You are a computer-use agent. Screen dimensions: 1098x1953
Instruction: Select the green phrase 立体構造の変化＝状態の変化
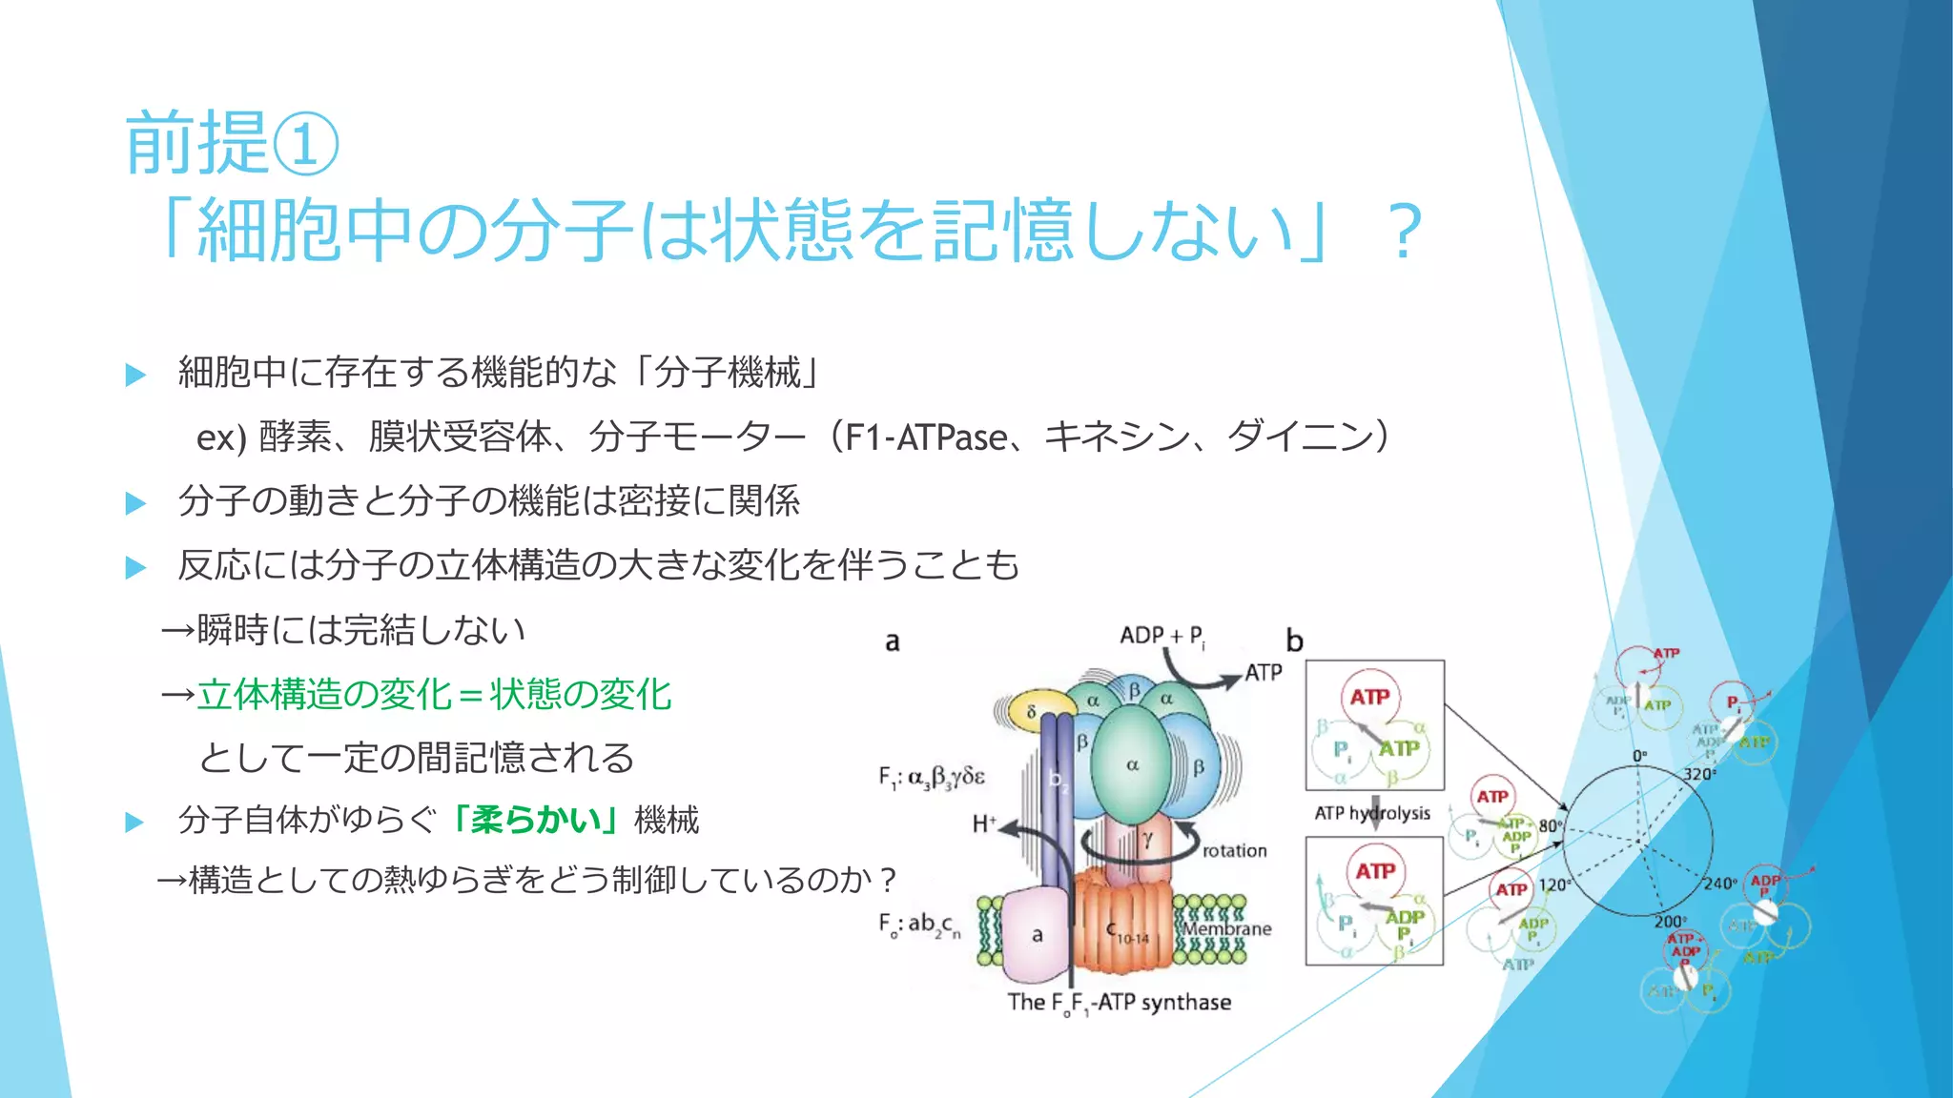pos(434,694)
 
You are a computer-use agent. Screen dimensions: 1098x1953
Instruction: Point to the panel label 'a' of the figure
pos(892,641)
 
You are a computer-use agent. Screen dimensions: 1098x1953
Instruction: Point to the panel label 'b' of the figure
pos(1294,640)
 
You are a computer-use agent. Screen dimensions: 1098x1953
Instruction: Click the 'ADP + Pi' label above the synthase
pos(1162,636)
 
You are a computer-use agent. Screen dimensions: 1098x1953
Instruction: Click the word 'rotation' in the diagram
pos(1234,850)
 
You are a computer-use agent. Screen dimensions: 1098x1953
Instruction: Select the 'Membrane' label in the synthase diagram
pos(1227,928)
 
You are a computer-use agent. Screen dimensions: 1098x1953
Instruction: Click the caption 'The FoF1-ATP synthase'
pos(1120,1003)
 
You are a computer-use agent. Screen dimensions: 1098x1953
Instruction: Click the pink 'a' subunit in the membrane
pos(1037,935)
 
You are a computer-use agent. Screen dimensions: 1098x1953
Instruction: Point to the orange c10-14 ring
pos(1125,925)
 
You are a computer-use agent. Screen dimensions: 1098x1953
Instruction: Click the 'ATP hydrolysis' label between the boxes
pos(1372,813)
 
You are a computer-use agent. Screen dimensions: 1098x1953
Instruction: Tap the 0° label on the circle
pos(1639,756)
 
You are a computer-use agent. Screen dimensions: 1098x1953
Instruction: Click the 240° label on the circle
pos(1719,884)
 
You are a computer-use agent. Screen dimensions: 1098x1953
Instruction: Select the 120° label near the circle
pos(1552,884)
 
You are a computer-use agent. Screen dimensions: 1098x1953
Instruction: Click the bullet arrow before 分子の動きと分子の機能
pos(135,502)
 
